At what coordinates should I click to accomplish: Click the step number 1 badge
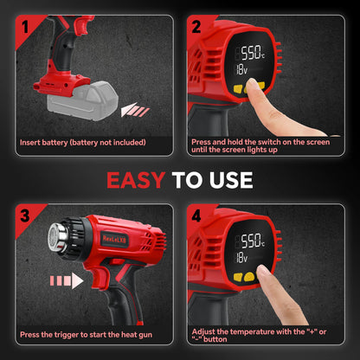26,27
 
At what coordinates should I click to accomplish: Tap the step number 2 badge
196,27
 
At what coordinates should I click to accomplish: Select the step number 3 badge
25,215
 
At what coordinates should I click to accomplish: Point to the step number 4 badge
196,215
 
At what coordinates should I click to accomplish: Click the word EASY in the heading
136,180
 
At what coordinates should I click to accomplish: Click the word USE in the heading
231,180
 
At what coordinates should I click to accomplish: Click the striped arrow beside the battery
135,110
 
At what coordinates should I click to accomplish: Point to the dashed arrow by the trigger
67,280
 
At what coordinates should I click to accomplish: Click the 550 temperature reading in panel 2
251,53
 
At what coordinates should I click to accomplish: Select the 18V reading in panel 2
241,69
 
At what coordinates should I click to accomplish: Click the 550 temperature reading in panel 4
251,241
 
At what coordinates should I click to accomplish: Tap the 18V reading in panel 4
241,258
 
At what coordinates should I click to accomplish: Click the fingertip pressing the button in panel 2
253,85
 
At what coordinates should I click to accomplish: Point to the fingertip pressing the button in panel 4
262,271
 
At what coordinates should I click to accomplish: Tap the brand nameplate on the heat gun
114,239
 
